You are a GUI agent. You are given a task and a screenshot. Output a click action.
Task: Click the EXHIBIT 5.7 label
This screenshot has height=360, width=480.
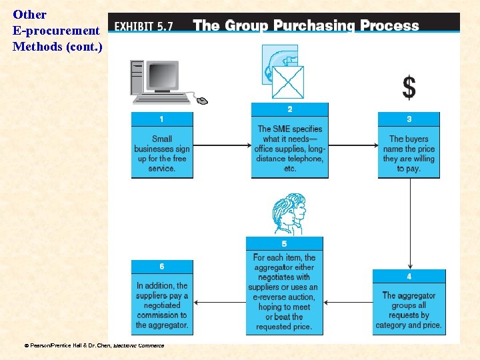[144, 27]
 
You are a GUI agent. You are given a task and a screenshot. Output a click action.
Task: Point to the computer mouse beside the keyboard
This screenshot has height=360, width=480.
[202, 101]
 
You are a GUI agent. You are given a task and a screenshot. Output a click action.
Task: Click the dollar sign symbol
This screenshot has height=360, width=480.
[409, 87]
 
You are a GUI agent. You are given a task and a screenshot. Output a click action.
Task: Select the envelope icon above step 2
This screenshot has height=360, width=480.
[288, 82]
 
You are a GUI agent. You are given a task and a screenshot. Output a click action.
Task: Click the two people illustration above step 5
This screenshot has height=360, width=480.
[289, 213]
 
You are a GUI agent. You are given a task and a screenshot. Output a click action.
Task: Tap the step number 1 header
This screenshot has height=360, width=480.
[162, 119]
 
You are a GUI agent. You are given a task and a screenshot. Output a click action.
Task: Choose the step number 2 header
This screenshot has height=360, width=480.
[289, 109]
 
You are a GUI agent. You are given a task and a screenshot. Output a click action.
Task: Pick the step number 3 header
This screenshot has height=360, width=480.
[409, 119]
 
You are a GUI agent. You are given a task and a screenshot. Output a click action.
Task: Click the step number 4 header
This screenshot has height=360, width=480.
[409, 276]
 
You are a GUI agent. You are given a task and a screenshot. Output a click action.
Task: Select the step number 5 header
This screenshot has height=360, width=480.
[284, 244]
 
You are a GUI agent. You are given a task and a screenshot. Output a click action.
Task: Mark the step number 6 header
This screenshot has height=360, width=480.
[162, 267]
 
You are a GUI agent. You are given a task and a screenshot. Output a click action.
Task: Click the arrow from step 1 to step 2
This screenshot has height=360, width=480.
[222, 145]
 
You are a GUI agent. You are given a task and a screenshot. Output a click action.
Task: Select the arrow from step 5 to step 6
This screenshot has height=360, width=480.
[219, 302]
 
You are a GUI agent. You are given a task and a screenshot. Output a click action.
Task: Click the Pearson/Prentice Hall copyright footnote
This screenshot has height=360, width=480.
[93, 345]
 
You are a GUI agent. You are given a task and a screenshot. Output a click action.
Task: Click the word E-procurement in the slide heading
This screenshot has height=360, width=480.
[56, 31]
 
